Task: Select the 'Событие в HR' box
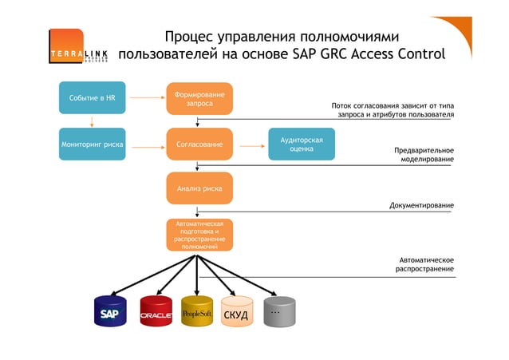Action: coord(93,98)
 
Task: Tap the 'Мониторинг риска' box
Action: coord(92,144)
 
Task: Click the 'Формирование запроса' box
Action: coord(199,99)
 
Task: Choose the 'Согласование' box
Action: coord(199,144)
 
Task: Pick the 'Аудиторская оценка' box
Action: coord(301,144)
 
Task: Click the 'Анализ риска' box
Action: coord(199,189)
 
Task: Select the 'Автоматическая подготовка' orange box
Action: coord(199,235)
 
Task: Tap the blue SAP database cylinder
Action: coord(110,313)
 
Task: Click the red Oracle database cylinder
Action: coord(156,313)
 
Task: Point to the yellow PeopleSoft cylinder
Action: coord(197,313)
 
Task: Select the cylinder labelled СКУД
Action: coord(235,314)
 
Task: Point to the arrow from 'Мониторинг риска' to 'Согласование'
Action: coord(146,145)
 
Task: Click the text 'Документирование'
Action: coord(421,206)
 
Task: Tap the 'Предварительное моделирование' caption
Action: coord(424,155)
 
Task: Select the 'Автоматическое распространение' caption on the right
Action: coord(425,264)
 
